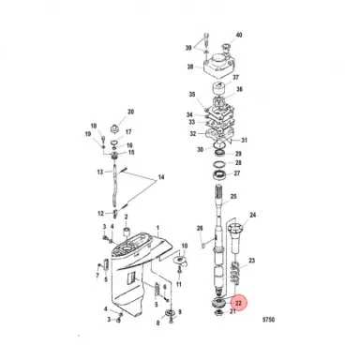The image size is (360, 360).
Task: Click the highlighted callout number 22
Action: [x=239, y=303]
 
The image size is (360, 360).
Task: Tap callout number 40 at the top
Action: [x=238, y=36]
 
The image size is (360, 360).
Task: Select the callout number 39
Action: [x=188, y=47]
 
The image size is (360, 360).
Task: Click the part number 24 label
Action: [x=252, y=216]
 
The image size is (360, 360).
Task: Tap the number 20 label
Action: [x=130, y=112]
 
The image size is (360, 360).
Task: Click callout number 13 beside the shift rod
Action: [x=99, y=172]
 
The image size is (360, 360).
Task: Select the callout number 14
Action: [x=159, y=178]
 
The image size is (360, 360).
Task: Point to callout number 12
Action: [x=99, y=215]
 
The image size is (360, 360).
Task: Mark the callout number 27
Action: [x=236, y=174]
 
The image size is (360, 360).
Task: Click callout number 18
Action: [x=94, y=126]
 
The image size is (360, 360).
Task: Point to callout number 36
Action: [x=238, y=90]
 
